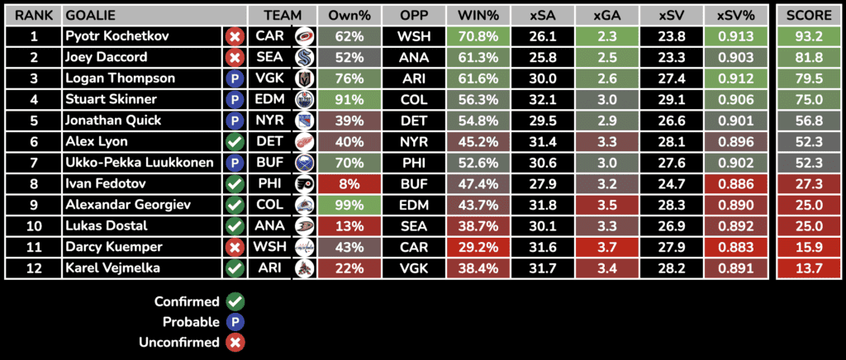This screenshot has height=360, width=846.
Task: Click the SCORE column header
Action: pyautogui.click(x=810, y=16)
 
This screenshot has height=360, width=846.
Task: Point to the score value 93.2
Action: pyautogui.click(x=810, y=36)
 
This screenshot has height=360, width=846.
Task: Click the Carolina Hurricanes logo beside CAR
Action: pyautogui.click(x=304, y=36)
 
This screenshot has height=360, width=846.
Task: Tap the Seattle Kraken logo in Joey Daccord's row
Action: pyautogui.click(x=304, y=57)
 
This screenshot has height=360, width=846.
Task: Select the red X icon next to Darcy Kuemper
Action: pyautogui.click(x=235, y=247)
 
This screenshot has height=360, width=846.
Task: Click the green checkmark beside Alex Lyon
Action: pyautogui.click(x=235, y=142)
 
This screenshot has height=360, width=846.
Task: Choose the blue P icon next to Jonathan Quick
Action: pyautogui.click(x=235, y=121)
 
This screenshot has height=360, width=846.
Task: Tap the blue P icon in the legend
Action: pyautogui.click(x=235, y=322)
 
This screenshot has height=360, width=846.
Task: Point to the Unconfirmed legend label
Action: pyautogui.click(x=187, y=342)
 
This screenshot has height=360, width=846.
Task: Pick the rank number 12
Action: pyautogui.click(x=34, y=268)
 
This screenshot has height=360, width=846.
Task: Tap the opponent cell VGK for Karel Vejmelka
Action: pyautogui.click(x=413, y=268)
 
